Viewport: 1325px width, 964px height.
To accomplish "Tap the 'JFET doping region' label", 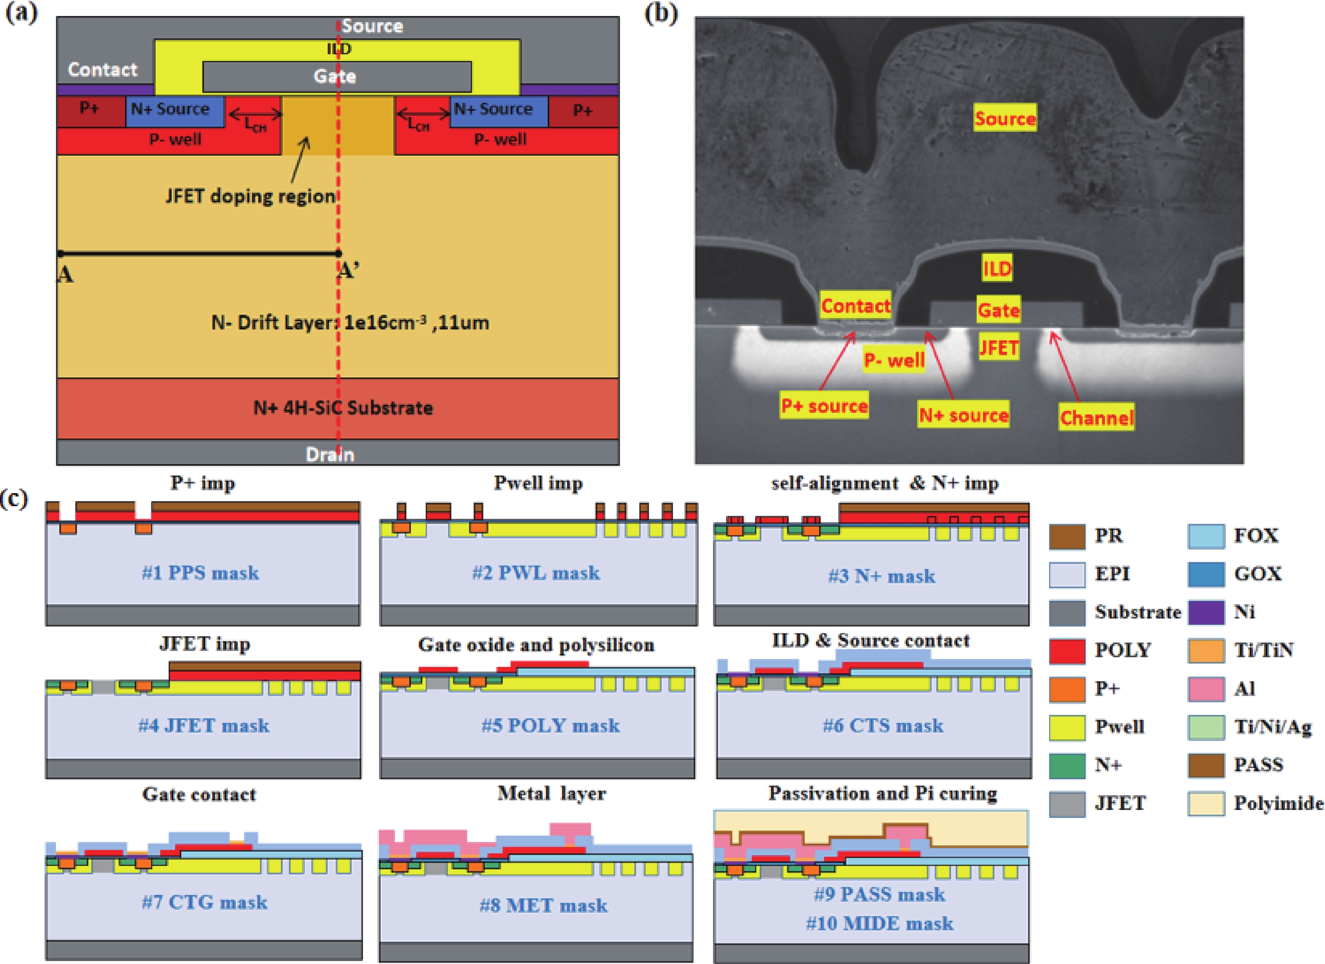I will [250, 196].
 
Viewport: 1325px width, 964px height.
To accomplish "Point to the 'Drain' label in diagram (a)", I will [330, 454].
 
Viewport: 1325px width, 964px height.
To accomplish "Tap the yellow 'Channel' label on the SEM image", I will [1097, 417].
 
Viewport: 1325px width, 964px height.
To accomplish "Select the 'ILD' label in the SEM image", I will [996, 269].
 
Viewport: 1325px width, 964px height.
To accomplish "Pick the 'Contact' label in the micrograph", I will [855, 305].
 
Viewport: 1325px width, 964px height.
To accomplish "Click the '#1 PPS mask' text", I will [200, 573].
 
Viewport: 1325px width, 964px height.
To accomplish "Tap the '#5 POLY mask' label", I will [550, 725].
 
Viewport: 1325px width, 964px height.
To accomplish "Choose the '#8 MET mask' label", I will [543, 905].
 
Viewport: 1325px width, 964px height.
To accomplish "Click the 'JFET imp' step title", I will [204, 644].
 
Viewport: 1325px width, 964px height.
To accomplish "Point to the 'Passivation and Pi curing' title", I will [882, 793].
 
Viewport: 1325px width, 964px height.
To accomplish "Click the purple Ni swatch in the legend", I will [1206, 612].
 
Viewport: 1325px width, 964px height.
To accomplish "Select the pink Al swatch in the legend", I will [1206, 688].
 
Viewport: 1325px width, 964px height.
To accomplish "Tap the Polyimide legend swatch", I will [1206, 803].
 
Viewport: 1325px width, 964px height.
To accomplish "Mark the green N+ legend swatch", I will [1067, 765].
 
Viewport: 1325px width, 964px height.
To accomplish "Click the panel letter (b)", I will [661, 13].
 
